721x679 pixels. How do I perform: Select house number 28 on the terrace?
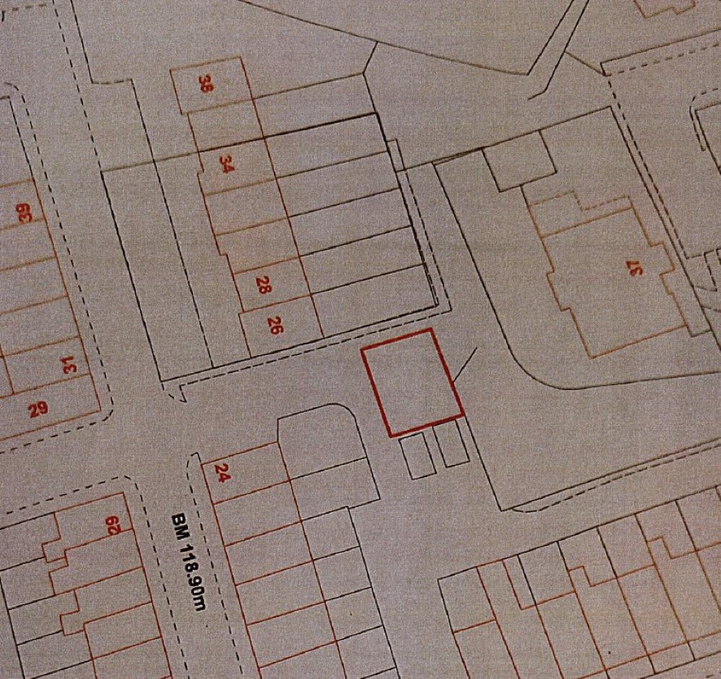[x=262, y=285]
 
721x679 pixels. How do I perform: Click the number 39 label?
[x=25, y=214]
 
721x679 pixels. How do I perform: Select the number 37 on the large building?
[x=635, y=268]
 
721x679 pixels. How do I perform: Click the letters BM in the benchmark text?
[x=178, y=521]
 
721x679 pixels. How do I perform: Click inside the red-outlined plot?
[x=412, y=383]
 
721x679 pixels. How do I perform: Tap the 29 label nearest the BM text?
[x=114, y=526]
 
